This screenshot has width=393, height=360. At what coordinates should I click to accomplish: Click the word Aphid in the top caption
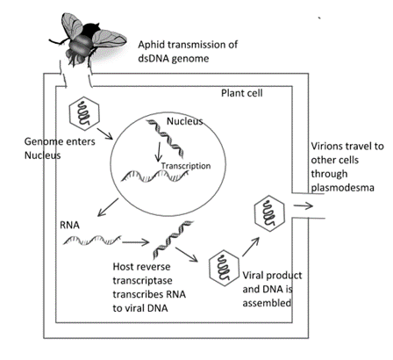click(152, 45)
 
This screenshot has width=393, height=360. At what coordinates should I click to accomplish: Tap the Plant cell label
click(242, 93)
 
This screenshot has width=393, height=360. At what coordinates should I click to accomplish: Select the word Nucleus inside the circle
click(184, 121)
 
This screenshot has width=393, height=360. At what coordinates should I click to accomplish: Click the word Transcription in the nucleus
click(186, 166)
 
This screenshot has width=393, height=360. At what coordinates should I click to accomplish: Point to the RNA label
click(69, 225)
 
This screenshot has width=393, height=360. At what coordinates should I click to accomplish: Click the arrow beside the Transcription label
click(159, 152)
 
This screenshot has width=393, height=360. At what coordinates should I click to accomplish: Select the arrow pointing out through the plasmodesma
click(304, 206)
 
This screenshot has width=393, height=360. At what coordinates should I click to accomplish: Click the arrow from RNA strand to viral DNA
click(136, 242)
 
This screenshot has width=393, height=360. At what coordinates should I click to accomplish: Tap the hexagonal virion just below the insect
click(84, 113)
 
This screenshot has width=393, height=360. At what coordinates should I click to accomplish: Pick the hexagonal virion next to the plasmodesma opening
click(269, 213)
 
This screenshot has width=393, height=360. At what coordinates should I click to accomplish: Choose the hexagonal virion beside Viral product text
click(224, 269)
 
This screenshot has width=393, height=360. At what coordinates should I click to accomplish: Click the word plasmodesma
click(342, 187)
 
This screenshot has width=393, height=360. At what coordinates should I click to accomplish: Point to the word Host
click(123, 267)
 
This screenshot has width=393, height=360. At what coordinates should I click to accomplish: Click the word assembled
click(267, 303)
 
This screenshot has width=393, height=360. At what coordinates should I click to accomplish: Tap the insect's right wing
click(109, 39)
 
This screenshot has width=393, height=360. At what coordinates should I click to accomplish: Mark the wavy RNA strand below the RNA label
click(92, 240)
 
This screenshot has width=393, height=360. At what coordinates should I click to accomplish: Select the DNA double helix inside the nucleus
click(166, 138)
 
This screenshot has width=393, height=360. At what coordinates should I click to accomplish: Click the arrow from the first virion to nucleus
click(104, 133)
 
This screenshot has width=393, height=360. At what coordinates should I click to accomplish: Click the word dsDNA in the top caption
click(154, 59)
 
